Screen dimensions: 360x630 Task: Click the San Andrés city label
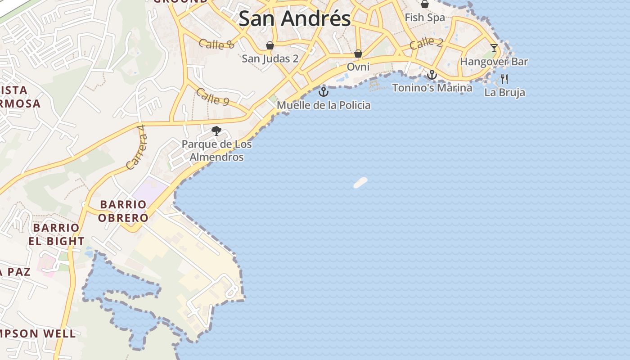[294, 19]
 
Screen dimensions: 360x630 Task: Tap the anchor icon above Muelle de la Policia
[323, 92]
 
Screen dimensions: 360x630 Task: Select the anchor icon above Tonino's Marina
[432, 75]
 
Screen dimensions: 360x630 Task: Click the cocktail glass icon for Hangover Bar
[494, 48]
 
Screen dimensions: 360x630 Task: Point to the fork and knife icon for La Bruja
[504, 79]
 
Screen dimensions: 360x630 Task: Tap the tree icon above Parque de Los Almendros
[216, 131]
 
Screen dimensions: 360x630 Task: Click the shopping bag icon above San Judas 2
[270, 45]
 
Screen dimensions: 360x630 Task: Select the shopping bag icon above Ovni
[358, 54]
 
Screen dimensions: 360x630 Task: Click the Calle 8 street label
[216, 44]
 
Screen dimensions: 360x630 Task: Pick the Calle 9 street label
[212, 97]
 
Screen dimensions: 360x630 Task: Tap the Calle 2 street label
[426, 43]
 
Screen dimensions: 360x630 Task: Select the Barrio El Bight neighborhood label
[56, 234]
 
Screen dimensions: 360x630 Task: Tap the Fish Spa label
[425, 18]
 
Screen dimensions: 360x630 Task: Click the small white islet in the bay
[360, 182]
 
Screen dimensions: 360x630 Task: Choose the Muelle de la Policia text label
[324, 105]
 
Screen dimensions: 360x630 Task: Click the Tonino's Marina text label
[432, 88]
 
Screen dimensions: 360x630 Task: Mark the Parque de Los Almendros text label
[216, 151]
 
